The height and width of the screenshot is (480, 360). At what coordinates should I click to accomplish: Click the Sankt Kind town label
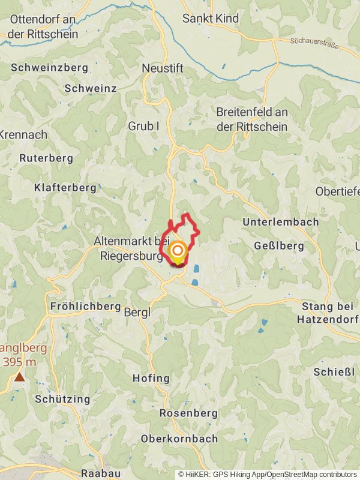pyautogui.click(x=210, y=19)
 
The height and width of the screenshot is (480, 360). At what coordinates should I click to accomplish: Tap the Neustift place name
pyautogui.click(x=162, y=68)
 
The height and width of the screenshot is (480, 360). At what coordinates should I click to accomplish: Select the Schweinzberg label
pyautogui.click(x=49, y=68)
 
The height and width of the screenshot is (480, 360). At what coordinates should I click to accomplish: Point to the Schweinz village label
pyautogui.click(x=90, y=88)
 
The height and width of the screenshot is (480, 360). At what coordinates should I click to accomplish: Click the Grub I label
pyautogui.click(x=143, y=126)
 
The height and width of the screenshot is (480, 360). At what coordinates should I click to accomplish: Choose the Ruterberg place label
pyautogui.click(x=46, y=158)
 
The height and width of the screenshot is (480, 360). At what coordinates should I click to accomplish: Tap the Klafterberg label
pyautogui.click(x=65, y=188)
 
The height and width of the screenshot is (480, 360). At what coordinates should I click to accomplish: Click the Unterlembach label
pyautogui.click(x=280, y=222)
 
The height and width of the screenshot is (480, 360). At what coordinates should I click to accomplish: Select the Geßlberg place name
pyautogui.click(x=280, y=246)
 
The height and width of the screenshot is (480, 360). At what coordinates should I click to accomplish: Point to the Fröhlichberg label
pyautogui.click(x=86, y=306)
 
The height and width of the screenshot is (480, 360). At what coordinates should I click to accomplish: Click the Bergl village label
pyautogui.click(x=137, y=313)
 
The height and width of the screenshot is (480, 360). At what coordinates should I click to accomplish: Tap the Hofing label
pyautogui.click(x=151, y=379)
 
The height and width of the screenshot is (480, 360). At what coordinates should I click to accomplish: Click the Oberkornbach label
pyautogui.click(x=179, y=439)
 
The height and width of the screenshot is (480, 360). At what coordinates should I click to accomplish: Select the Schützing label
pyautogui.click(x=62, y=399)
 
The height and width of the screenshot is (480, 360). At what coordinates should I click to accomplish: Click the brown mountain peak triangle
pyautogui.click(x=20, y=377)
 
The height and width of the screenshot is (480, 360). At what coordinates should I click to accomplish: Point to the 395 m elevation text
pyautogui.click(x=20, y=362)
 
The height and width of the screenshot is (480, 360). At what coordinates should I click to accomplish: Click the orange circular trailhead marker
pyautogui.click(x=178, y=251)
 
